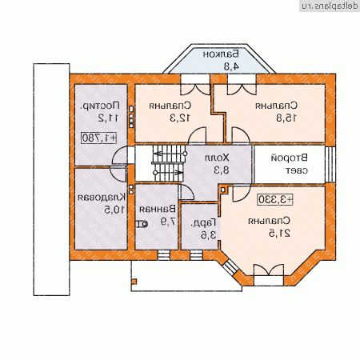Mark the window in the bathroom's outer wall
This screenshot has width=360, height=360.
163,255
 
